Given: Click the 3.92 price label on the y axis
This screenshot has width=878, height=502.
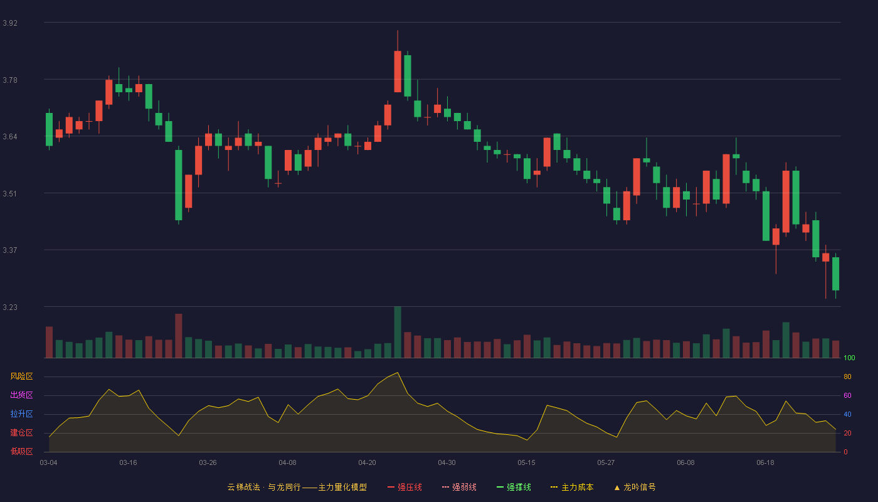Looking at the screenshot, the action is pyautogui.click(x=10, y=23).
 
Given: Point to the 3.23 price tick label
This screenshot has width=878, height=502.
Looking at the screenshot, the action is pyautogui.click(x=10, y=307).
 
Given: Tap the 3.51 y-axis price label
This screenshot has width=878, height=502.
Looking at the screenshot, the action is pyautogui.click(x=10, y=194).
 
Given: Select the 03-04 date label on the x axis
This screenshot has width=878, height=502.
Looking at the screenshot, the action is pyautogui.click(x=49, y=463).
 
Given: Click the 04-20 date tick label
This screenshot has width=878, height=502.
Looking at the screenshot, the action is pyautogui.click(x=368, y=463).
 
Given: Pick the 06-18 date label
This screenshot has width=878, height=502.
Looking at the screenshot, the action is pyautogui.click(x=766, y=463).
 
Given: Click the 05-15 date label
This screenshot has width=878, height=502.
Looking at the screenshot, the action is pyautogui.click(x=526, y=463).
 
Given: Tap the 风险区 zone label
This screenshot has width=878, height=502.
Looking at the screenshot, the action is pyautogui.click(x=21, y=376).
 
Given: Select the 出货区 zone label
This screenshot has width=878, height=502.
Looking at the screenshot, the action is pyautogui.click(x=21, y=395).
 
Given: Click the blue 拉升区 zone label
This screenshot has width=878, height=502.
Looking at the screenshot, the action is pyautogui.click(x=21, y=414).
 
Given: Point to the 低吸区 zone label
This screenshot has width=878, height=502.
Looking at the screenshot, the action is pyautogui.click(x=21, y=451).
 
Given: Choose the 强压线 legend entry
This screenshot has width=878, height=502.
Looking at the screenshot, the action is pyautogui.click(x=405, y=487).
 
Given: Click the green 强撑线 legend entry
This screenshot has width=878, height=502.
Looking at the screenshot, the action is pyautogui.click(x=514, y=487).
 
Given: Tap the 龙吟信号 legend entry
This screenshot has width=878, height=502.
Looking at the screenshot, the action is pyautogui.click(x=635, y=487).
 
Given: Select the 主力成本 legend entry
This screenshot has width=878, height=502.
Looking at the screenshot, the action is pyautogui.click(x=572, y=487).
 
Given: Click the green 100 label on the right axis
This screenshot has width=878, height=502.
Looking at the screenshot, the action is pyautogui.click(x=849, y=358).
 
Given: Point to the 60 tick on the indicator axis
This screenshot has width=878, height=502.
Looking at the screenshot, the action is pyautogui.click(x=847, y=395).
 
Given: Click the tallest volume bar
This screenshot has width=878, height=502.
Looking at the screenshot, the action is pyautogui.click(x=398, y=332).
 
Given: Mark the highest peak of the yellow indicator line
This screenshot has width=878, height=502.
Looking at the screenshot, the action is pyautogui.click(x=398, y=373).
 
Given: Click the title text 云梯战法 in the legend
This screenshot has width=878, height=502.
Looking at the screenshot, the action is pyautogui.click(x=244, y=487).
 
